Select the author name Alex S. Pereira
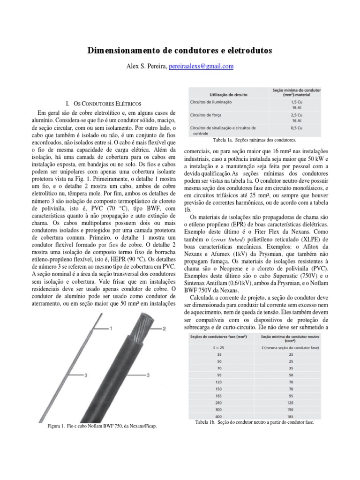(146, 67)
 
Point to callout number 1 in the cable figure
(111, 329)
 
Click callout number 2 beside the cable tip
(164, 329)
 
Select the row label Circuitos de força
(206, 114)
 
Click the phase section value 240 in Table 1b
(219, 402)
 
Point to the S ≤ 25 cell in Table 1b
(219, 348)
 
